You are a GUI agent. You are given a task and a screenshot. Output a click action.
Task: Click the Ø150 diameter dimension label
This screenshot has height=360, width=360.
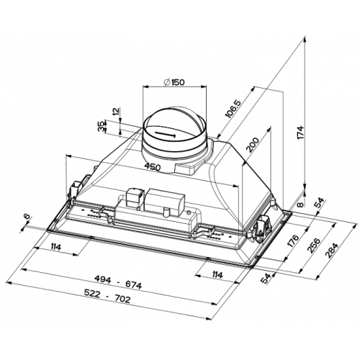coord(174,82)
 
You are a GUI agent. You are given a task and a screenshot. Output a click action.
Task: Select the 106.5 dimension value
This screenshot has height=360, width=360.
coord(233,109)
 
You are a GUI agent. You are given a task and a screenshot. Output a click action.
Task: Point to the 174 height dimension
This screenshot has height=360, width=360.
coord(301,132)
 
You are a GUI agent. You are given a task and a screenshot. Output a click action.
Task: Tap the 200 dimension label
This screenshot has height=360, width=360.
coord(253,145)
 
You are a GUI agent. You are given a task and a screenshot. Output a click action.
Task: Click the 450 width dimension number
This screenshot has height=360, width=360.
coord(153,166)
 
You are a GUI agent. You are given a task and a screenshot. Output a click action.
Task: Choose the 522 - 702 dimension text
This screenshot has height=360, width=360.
coord(107,296)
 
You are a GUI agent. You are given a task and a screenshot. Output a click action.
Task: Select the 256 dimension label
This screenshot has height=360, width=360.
coord(314,246)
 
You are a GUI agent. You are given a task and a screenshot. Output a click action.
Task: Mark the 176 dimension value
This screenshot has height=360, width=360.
coord(293,240)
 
